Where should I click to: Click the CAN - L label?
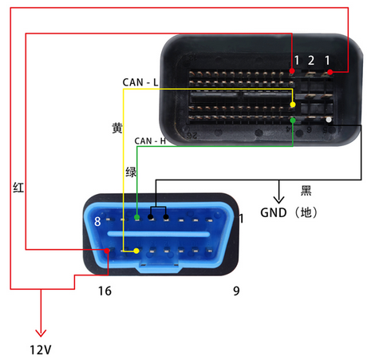pos(140,82)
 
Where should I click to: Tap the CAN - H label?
pos(150,140)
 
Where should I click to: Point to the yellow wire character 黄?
pos(117,128)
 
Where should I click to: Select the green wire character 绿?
pos(131,172)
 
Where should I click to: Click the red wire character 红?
pos(18,188)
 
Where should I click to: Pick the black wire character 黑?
pos(306,191)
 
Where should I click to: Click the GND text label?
pos(274,213)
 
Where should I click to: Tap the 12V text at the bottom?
pos(41,350)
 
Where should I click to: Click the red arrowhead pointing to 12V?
pos(41,333)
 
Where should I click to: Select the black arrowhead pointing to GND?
pos(278,200)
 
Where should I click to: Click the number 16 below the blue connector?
pos(105,291)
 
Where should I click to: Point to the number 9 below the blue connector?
pos(236,291)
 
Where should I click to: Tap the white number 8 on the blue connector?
pos(97,221)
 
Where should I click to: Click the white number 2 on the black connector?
pos(311,61)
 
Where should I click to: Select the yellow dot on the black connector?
pos(293,105)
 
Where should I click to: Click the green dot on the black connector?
pos(293,121)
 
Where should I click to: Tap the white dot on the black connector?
pos(329,120)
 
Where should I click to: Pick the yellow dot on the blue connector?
pos(136,251)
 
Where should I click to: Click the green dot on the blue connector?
pos(137,217)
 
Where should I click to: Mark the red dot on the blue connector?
pos(107,251)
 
